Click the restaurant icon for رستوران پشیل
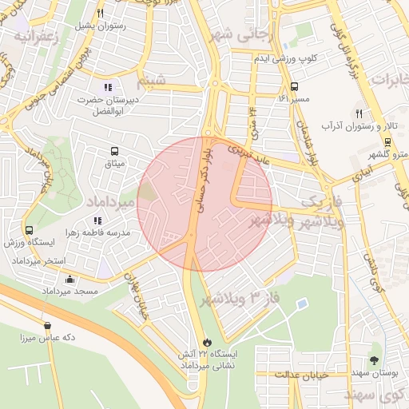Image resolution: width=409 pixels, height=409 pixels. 100,13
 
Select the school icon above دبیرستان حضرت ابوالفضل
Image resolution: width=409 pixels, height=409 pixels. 108,87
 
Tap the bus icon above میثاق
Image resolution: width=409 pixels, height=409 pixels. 115,150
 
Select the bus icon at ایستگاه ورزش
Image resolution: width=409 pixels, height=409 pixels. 30,230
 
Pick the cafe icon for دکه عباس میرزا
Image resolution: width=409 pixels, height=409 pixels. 49,325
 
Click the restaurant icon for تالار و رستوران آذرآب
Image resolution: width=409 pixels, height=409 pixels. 359,113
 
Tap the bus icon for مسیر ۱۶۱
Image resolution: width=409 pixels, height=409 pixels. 295,86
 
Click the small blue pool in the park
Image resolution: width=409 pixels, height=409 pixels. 301,304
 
